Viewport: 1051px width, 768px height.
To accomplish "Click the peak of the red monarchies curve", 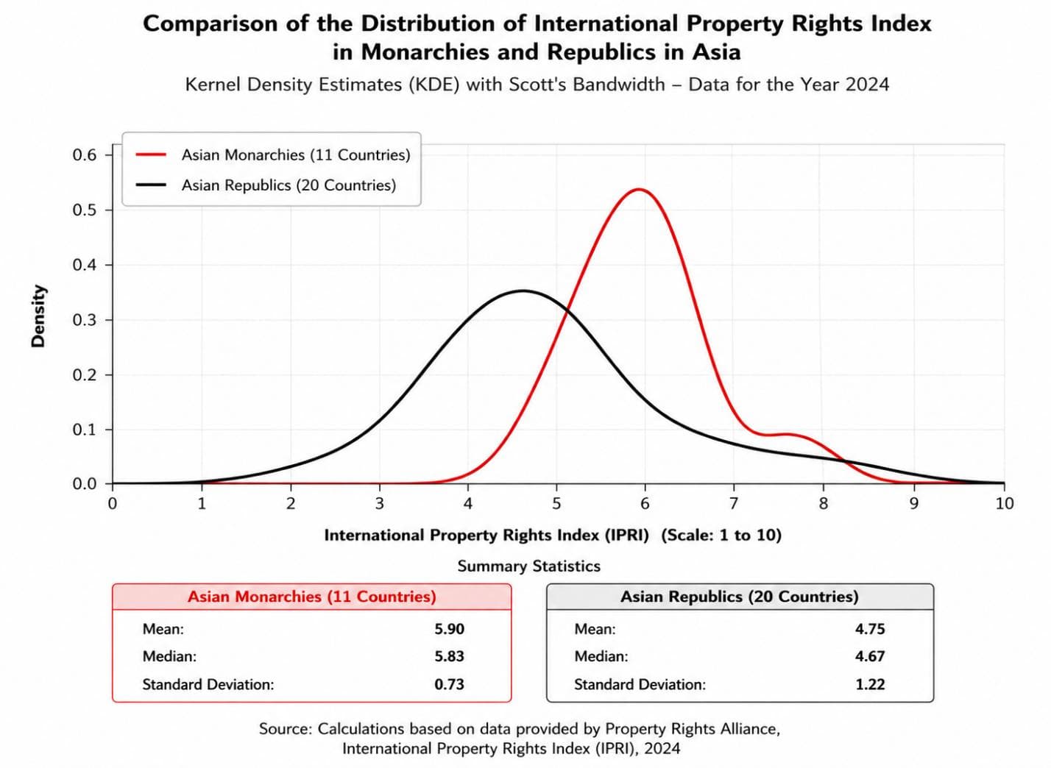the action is pos(639,189).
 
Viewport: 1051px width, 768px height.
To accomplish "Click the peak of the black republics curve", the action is pos(523,291).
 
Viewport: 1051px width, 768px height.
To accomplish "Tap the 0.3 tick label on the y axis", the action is pos(85,320).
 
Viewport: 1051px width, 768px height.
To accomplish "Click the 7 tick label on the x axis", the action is pos(733,504).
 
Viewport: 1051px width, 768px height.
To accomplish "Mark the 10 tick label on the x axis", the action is pos(1004,504).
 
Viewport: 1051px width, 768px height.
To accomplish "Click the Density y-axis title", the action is pos(38,316).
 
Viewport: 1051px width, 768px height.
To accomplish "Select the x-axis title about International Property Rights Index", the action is pos(553,535).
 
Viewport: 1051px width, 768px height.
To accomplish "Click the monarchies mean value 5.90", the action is pos(449,629).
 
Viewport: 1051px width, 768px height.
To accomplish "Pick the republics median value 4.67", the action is pos(870,656).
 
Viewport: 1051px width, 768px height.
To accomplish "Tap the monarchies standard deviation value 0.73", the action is pos(449,684).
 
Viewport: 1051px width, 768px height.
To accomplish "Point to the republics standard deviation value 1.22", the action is pos(870,684).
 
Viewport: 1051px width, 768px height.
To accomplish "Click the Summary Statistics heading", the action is pos(528,566).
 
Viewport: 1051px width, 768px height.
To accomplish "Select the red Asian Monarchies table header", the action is pos(311,597).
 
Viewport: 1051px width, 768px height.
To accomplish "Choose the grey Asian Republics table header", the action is pos(740,597).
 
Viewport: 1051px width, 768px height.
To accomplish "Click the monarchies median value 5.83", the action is pos(449,656).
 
